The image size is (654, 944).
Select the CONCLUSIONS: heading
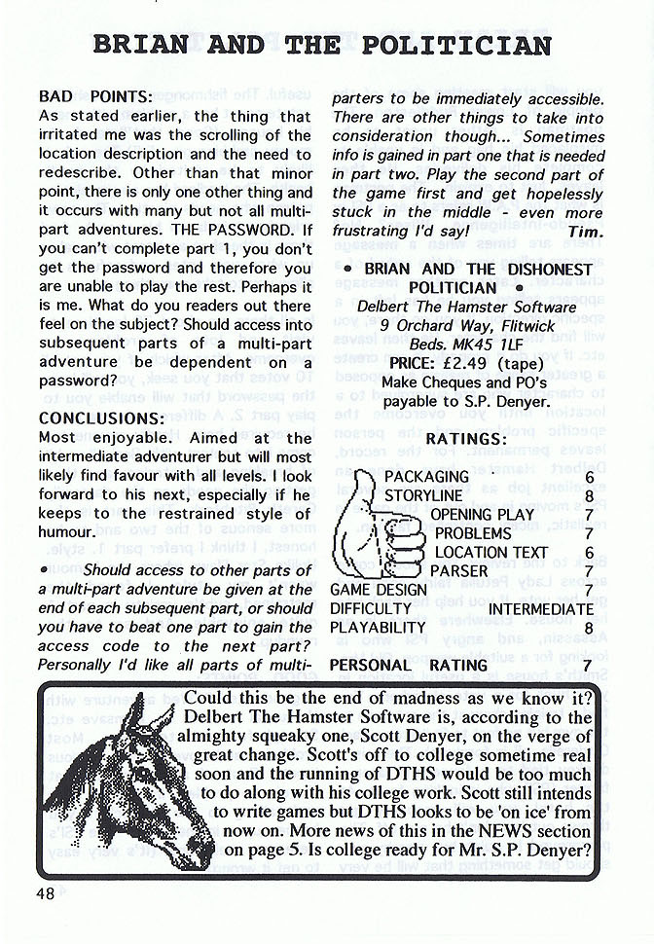[100, 418]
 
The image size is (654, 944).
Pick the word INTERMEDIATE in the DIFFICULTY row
[540, 608]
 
